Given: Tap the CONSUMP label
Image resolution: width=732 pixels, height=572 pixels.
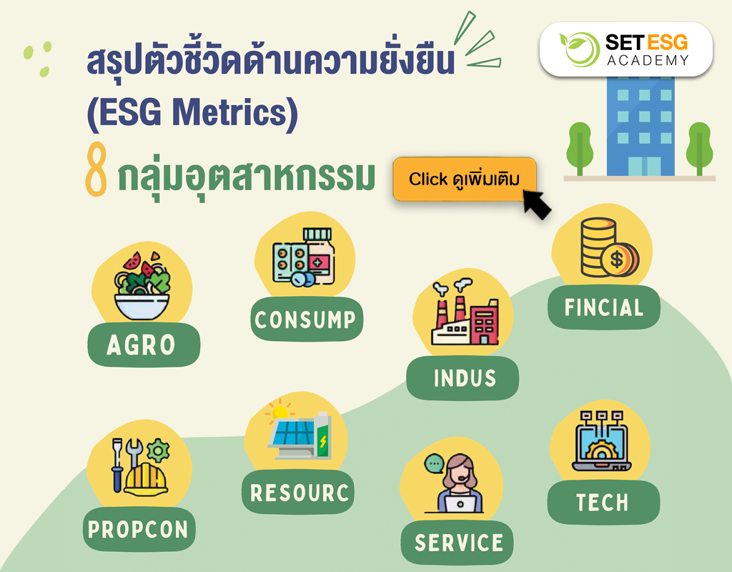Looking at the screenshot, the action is (x=306, y=319).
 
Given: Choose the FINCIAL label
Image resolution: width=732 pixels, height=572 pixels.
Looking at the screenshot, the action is (x=604, y=307).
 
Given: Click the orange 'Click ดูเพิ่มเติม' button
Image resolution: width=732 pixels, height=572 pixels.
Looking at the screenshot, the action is (x=465, y=179).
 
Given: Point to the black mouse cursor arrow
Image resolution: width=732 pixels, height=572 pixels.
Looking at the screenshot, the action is (x=536, y=204).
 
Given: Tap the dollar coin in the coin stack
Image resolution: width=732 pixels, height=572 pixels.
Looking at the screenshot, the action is (x=618, y=259).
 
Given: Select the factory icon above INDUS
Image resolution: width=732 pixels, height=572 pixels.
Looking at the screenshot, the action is (x=464, y=312).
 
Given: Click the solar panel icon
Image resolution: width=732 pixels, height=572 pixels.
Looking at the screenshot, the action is (x=294, y=433).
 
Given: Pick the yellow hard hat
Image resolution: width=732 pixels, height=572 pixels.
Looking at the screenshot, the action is (x=145, y=479).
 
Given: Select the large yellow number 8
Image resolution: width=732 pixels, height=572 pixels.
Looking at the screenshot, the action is (x=97, y=169).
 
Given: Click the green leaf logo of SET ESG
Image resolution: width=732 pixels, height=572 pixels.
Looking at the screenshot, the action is (x=580, y=49).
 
